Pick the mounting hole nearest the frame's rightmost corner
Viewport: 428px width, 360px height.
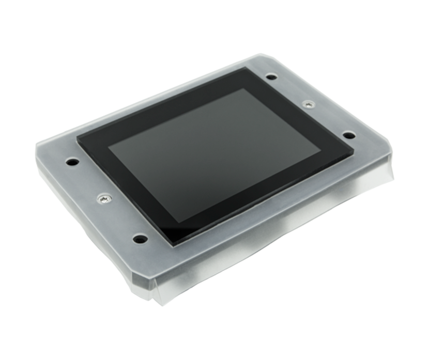(x=349, y=135)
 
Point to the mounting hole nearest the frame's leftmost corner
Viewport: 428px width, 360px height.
(x=72, y=162)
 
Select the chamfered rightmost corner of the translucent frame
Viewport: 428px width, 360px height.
(x=390, y=150)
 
